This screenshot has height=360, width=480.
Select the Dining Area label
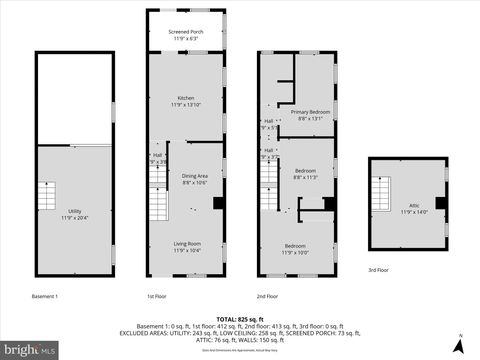point(194,178)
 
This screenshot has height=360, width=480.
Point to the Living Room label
point(187,245)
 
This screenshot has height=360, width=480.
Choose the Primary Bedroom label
point(310,113)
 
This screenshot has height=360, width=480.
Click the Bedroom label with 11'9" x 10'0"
point(295,248)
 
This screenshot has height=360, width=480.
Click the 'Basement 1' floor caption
point(45,296)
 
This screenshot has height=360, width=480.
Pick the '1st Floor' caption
point(157,296)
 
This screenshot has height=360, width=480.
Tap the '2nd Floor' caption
point(267,296)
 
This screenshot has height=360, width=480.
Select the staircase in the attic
point(382,189)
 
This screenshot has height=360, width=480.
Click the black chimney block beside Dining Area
point(219,203)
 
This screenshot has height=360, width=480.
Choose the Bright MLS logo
point(30,349)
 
